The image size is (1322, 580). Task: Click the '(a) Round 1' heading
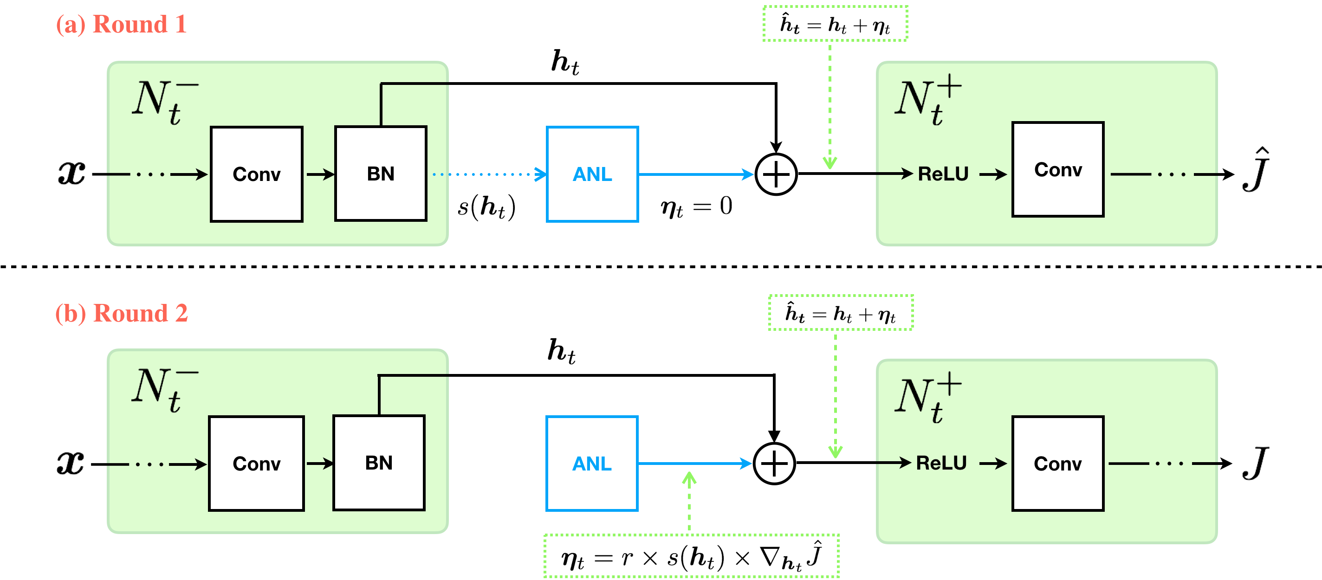(x=121, y=24)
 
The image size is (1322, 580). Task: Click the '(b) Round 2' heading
(x=122, y=313)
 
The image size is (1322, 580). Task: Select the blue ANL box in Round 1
(x=592, y=174)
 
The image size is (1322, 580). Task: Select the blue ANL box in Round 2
(x=592, y=464)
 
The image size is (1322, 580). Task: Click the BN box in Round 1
(x=381, y=174)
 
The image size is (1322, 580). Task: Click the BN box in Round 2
(x=379, y=463)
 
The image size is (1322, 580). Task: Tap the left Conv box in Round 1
(x=257, y=174)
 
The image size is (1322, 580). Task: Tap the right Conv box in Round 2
(x=1058, y=464)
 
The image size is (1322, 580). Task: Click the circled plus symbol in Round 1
(x=776, y=174)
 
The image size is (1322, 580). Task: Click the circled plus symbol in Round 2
(x=774, y=464)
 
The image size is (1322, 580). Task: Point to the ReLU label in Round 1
(x=943, y=174)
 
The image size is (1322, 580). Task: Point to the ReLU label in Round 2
(x=941, y=463)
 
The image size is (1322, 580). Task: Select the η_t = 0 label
(x=696, y=206)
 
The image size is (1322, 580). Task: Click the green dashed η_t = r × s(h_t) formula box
(x=691, y=556)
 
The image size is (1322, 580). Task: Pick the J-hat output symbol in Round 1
(x=1255, y=170)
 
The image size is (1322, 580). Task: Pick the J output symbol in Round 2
(x=1255, y=463)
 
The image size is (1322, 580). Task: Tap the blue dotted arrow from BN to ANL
(x=487, y=174)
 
